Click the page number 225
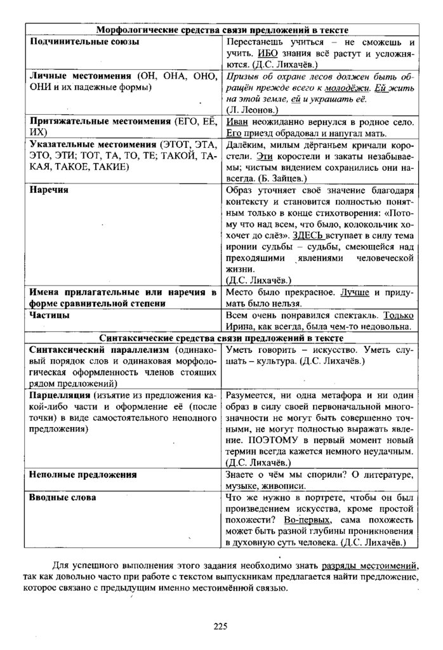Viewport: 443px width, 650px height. (220, 628)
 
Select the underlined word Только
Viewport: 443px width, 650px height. (399, 315)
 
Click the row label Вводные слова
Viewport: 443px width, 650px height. (63, 498)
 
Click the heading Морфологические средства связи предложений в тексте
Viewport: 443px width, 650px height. (221, 30)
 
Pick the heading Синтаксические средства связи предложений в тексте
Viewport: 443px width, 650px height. (221, 338)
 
